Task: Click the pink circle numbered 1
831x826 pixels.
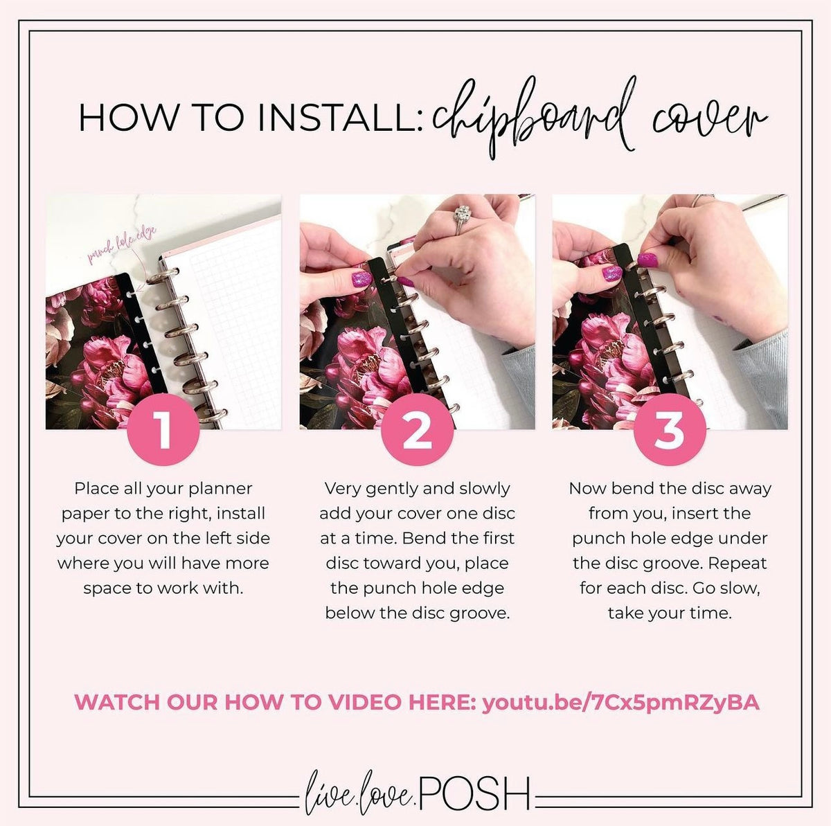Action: coord(163,431)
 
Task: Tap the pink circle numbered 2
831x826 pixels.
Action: coord(417,431)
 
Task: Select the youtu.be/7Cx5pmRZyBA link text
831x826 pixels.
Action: coord(620,702)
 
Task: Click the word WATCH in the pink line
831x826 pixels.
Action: coord(118,702)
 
